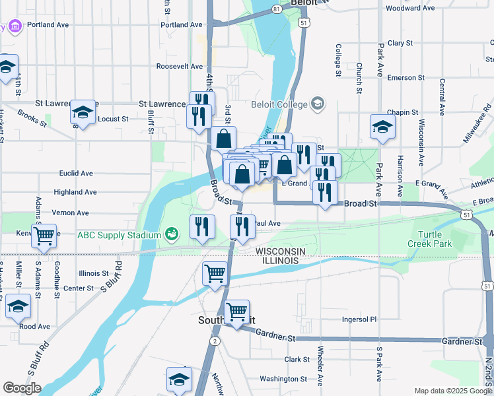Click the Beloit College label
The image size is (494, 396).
click(x=279, y=104)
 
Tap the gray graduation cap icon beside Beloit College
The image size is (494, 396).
click(x=318, y=104)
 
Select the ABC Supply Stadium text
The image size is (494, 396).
click(x=119, y=235)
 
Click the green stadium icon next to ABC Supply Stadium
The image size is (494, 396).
click(x=171, y=234)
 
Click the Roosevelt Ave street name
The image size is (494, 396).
click(x=179, y=67)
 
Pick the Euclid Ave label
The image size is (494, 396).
click(x=76, y=174)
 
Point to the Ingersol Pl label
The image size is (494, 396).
click(x=359, y=319)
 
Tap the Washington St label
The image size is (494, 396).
click(x=284, y=379)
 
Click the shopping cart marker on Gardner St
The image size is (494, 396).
click(x=236, y=312)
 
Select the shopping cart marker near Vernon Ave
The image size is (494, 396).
click(x=44, y=236)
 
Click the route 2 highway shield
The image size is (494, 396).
click(x=215, y=341)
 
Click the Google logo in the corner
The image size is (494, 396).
click(x=22, y=388)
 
